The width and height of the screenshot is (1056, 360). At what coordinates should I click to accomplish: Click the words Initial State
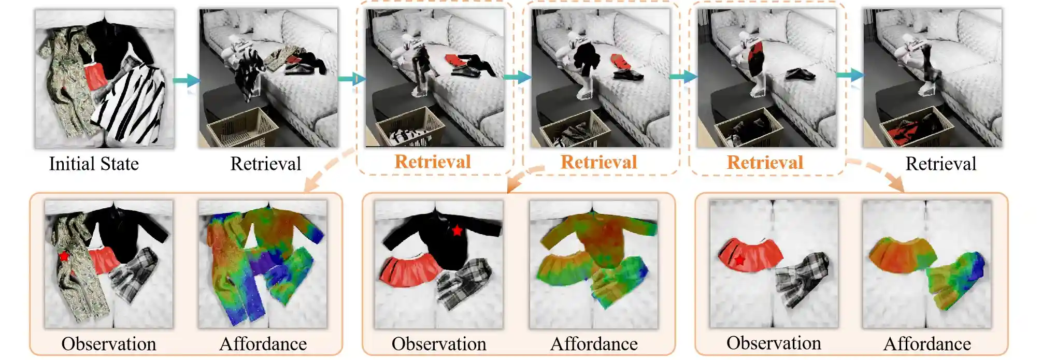click(94, 164)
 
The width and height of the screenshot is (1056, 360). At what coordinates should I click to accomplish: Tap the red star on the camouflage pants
click(64, 256)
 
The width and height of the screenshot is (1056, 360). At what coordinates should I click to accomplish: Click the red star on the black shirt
click(457, 231)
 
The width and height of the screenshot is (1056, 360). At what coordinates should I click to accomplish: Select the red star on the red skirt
click(740, 260)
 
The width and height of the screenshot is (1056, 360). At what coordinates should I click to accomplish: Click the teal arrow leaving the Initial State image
click(186, 80)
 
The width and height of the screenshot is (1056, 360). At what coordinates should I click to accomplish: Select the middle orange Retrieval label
click(599, 162)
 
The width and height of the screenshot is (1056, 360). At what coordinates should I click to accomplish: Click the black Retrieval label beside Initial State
click(265, 164)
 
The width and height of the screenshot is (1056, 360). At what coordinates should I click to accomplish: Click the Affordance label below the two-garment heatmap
click(927, 343)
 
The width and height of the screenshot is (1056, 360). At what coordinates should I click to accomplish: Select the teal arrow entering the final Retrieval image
click(850, 76)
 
